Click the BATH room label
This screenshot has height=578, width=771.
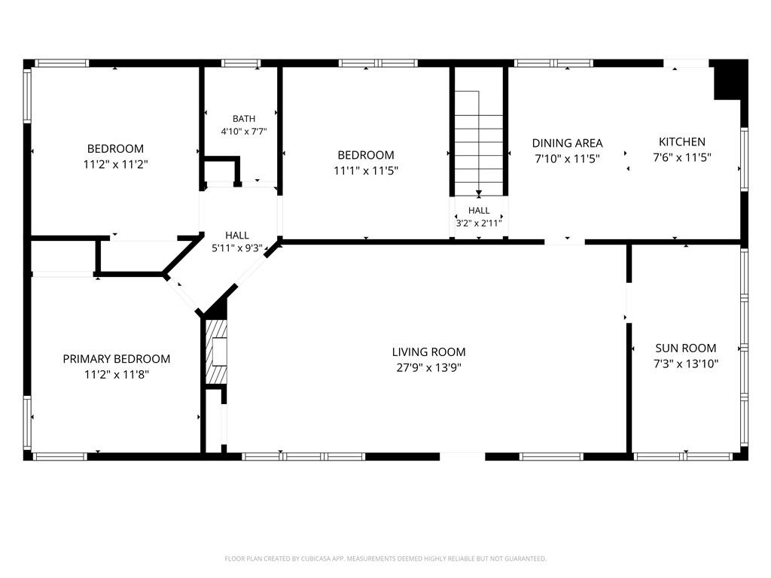[244, 119]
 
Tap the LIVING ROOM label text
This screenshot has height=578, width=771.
[428, 352]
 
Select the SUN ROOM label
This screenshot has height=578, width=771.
[685, 348]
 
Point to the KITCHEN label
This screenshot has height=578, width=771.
[682, 142]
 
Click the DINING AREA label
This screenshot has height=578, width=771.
[568, 143]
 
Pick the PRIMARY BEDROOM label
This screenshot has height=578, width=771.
[117, 359]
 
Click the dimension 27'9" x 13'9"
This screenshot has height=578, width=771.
[428, 367]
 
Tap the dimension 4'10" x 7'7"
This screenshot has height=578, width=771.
[244, 131]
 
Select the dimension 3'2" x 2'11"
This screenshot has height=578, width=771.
[479, 223]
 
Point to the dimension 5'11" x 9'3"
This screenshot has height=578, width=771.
[237, 248]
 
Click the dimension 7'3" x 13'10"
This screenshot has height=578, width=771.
[685, 364]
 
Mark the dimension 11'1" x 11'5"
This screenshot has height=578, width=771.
[366, 171]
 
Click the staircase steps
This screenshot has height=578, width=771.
[479, 142]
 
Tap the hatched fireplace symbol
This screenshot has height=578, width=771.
[216, 352]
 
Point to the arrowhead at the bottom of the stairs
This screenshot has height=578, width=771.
[479, 193]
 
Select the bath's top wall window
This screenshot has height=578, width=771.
[240, 63]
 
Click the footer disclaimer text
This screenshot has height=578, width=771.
[385, 558]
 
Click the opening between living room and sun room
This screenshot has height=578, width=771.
[629, 303]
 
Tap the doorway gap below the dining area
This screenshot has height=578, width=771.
[565, 242]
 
